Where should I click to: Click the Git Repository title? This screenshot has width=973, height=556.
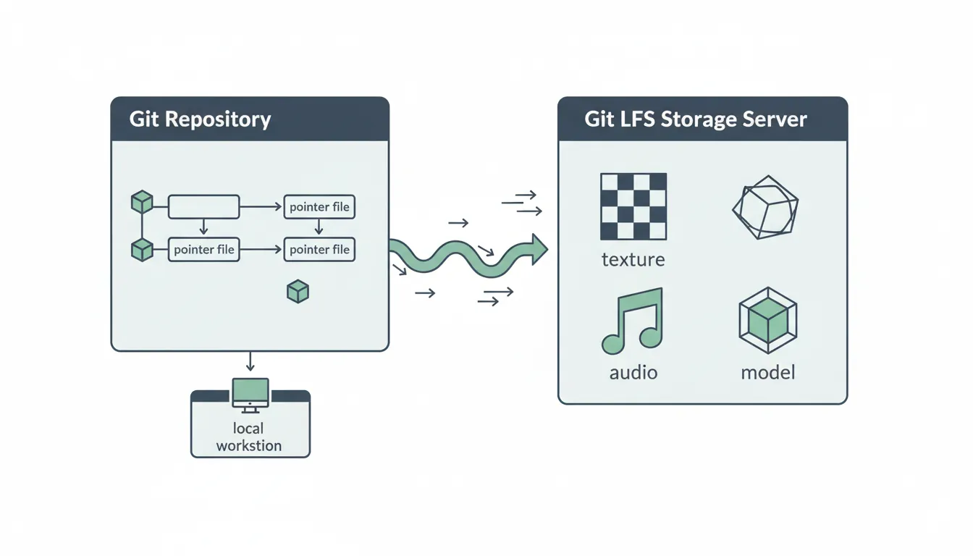(x=200, y=119)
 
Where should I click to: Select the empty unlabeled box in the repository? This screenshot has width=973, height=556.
(x=203, y=206)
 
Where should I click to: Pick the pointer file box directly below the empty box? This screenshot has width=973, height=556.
(x=203, y=250)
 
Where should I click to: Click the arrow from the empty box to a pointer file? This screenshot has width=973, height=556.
(x=261, y=207)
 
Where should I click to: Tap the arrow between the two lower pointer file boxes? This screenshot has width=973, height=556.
(x=261, y=250)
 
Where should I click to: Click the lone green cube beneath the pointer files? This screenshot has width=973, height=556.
(x=298, y=292)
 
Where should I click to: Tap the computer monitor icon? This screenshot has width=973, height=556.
(x=250, y=394)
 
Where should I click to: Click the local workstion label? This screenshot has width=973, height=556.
(x=249, y=437)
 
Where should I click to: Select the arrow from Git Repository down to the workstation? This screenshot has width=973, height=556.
(x=250, y=361)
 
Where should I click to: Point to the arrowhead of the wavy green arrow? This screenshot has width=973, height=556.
(x=539, y=248)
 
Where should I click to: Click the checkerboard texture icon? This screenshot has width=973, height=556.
(x=633, y=206)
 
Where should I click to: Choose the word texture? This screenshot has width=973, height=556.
(x=633, y=259)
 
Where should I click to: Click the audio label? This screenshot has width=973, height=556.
(x=633, y=373)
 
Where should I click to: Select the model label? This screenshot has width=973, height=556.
(x=768, y=373)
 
